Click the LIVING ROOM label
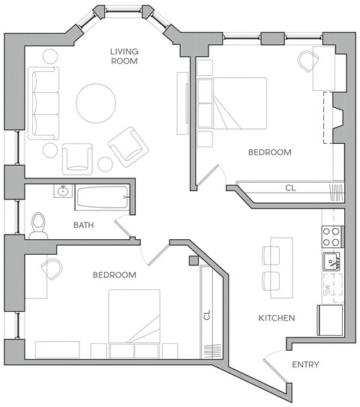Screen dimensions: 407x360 124,56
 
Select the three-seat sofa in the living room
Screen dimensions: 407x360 43,103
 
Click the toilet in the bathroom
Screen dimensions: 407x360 39,224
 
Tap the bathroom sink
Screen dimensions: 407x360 63,192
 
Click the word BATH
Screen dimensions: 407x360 83,225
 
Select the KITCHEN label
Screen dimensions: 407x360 276,318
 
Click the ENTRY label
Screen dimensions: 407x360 304,365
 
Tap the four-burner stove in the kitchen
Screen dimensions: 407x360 332,237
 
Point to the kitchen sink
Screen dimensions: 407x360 332,262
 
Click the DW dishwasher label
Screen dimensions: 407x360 328,289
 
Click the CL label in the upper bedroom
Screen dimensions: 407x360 289,188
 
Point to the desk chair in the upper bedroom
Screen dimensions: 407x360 307,61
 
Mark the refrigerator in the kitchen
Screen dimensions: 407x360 330,319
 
